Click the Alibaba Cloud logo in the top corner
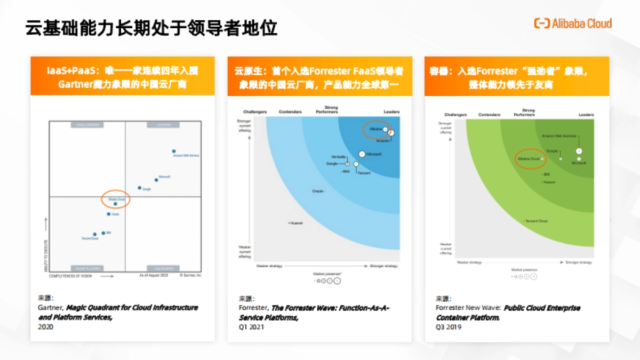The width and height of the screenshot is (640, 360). [x=573, y=23]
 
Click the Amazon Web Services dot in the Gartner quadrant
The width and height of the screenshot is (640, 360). [x=174, y=151]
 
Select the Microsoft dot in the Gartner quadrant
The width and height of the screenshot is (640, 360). [x=156, y=179]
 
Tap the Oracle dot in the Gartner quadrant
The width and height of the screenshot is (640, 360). [x=109, y=214]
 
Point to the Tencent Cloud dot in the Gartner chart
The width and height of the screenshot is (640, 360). [x=95, y=234]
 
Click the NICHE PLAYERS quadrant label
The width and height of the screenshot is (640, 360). [x=87, y=268]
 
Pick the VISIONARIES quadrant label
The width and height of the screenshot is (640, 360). [x=163, y=268]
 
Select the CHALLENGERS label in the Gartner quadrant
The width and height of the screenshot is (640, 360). [x=87, y=125]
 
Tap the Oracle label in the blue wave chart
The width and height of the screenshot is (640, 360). [x=318, y=190]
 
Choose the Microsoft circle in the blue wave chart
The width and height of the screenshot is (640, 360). [x=362, y=154]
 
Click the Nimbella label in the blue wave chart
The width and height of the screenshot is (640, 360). [x=339, y=157]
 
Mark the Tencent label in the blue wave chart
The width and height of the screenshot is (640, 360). [x=364, y=173]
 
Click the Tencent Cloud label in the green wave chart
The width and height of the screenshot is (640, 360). [x=537, y=221]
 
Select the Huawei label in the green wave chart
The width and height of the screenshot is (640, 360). [x=549, y=182]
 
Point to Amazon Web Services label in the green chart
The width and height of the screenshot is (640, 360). [x=558, y=136]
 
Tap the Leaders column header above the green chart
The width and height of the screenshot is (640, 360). [x=586, y=115]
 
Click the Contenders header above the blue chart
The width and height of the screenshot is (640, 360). [x=291, y=112]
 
